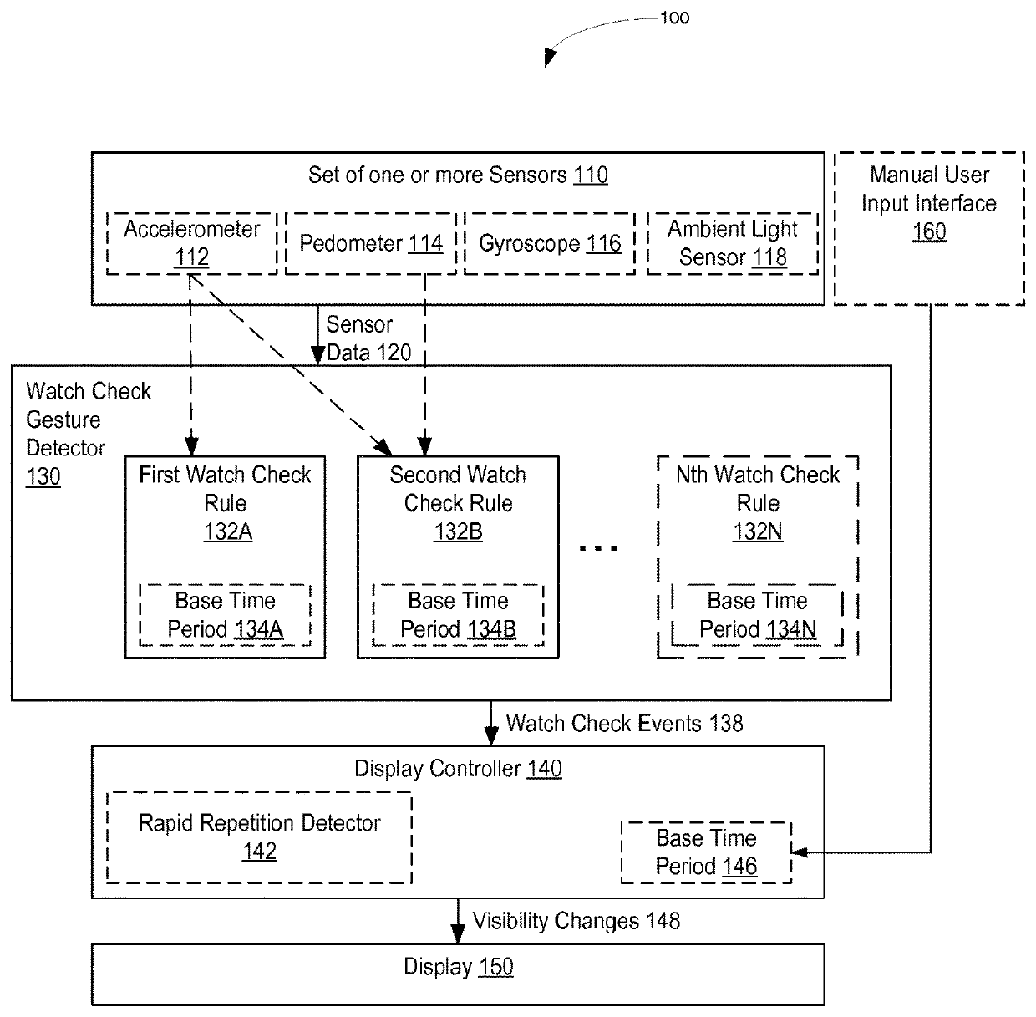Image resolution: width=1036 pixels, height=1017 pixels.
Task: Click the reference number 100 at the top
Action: (x=675, y=18)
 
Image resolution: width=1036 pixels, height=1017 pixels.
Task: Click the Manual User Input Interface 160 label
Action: (x=929, y=203)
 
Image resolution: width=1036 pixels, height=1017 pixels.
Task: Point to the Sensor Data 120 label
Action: (x=368, y=338)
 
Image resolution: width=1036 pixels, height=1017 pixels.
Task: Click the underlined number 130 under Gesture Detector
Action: (x=43, y=476)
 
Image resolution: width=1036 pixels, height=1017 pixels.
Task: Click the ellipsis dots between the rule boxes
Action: (x=598, y=548)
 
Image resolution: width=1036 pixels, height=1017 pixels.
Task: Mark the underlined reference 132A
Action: (x=228, y=531)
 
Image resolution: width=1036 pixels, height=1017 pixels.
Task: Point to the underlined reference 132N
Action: (x=758, y=531)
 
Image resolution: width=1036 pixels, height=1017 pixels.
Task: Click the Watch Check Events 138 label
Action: (x=625, y=724)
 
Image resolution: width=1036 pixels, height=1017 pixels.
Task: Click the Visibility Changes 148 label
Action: (x=576, y=921)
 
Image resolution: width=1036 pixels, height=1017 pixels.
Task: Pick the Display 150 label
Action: (x=459, y=967)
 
